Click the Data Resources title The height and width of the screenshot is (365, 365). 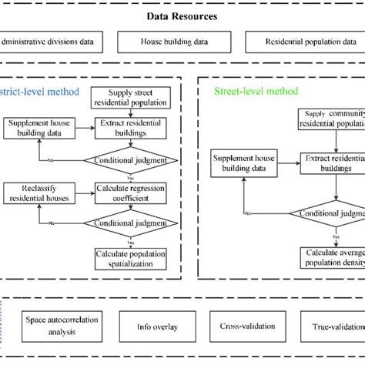click(x=182, y=16)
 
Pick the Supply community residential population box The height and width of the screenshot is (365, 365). click(x=331, y=119)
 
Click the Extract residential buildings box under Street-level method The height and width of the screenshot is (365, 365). click(x=332, y=163)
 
